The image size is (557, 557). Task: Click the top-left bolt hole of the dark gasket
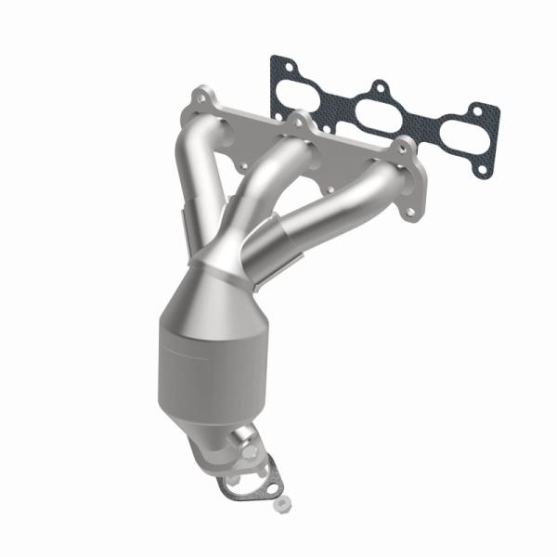pyautogui.click(x=279, y=65)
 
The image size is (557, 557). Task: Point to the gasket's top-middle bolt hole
pyautogui.click(x=379, y=89)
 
